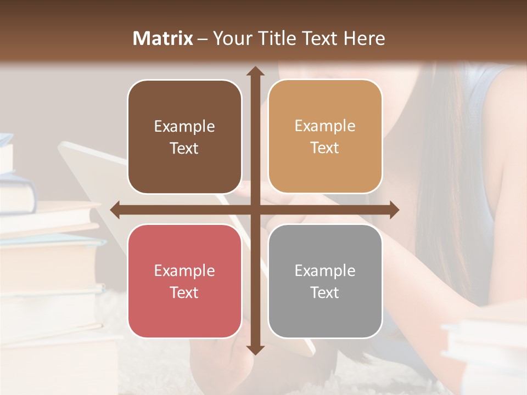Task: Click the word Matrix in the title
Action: (163, 38)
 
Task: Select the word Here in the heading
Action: (365, 38)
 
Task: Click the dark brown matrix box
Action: (184, 137)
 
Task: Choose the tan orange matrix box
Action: (325, 137)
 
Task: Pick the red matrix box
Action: (184, 281)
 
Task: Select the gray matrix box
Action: (325, 281)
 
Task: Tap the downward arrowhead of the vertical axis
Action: (255, 349)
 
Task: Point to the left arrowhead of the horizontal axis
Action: (115, 210)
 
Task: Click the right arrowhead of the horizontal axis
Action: (394, 210)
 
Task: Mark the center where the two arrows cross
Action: (255, 210)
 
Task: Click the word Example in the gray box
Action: (325, 270)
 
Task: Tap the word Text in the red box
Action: (184, 292)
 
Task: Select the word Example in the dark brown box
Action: (184, 127)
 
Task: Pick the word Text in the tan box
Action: (325, 148)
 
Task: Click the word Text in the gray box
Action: (325, 292)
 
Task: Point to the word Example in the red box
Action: (184, 270)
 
